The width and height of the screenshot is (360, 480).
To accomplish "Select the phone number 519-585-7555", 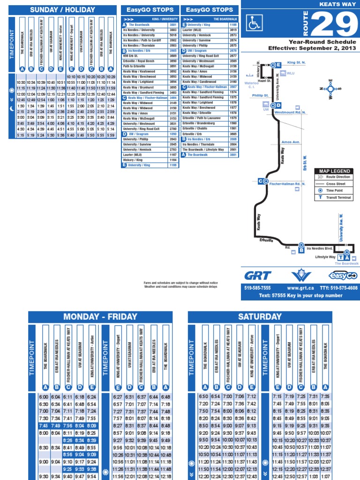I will click(x=257, y=288).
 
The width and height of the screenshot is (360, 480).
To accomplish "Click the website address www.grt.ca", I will click(x=300, y=288).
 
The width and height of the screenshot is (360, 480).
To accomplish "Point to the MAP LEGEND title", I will click(x=335, y=171).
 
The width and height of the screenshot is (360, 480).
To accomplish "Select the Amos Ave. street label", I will click(x=291, y=142).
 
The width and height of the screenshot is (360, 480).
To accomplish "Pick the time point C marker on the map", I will click(x=263, y=181).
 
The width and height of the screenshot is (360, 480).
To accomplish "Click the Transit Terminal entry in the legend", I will click(x=339, y=197).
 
